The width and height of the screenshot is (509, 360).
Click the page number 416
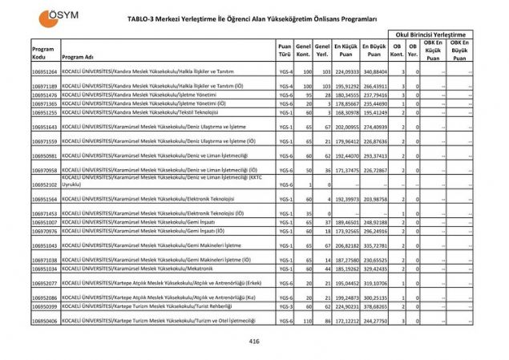coord(255,340)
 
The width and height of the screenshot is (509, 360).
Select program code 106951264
coord(44,72)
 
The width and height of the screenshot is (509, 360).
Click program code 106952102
coord(44,185)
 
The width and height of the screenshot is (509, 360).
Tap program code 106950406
coord(44,321)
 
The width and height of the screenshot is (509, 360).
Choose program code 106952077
coord(44,283)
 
